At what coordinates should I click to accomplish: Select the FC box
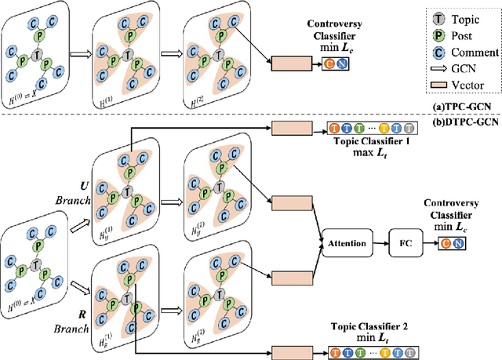coord(406,243)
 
